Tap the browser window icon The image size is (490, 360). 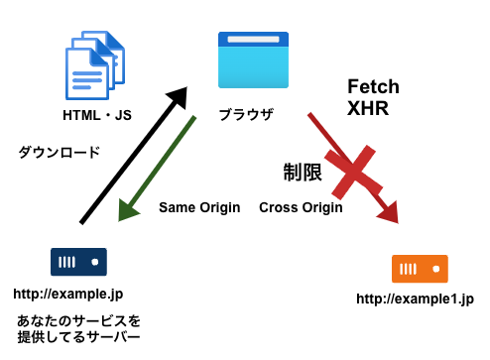(x=253, y=60)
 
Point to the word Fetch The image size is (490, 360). (x=373, y=87)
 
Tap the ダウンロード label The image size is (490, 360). (x=60, y=153)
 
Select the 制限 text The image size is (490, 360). (x=303, y=174)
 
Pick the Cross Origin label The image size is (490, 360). (x=301, y=208)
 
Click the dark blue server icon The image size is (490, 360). (x=78, y=262)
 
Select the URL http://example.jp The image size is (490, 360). (x=68, y=295)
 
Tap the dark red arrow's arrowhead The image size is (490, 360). (x=387, y=211)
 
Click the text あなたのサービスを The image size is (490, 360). (x=79, y=321)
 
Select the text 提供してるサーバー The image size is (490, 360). (x=79, y=338)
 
